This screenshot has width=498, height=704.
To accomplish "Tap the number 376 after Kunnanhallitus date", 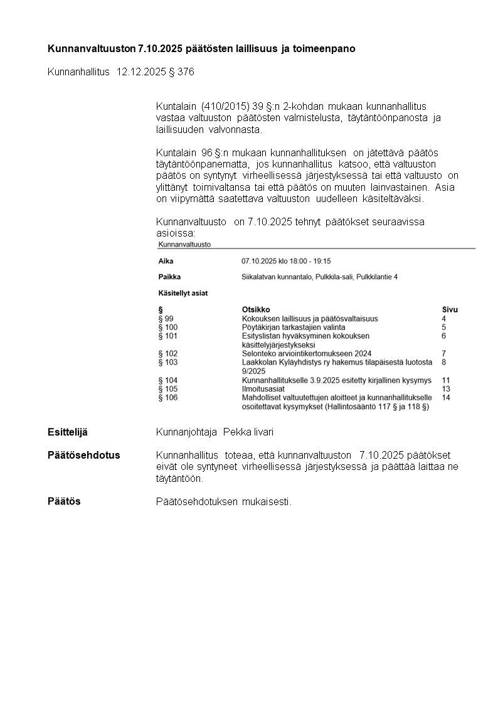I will pos(186,72).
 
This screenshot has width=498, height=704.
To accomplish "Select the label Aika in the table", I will pos(166,261).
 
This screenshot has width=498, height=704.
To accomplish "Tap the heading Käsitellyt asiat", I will pos(183,293).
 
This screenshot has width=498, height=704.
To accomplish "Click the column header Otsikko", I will pos(255,310).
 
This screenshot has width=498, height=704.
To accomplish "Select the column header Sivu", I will pos(450,310).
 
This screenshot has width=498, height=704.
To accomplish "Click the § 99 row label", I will pos(166,319).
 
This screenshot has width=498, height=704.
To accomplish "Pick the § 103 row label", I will pos(168,362).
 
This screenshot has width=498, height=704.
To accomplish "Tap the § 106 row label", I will pos(168,397).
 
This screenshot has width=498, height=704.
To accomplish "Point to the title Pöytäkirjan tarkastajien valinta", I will pos(293,328).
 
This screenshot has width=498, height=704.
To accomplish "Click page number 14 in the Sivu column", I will pos(446,397).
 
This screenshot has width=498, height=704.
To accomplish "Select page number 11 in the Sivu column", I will pos(446,380).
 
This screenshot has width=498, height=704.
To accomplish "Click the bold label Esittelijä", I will pos(67,432).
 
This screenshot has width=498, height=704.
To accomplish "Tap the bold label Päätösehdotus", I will pos(83,455).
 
